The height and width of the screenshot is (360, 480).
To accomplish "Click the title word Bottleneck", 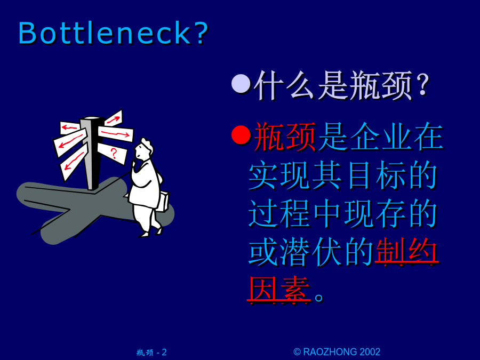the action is click(105, 33).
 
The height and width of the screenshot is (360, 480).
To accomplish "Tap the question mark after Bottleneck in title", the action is click(201, 33).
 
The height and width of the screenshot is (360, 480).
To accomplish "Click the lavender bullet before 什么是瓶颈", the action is click(241, 84).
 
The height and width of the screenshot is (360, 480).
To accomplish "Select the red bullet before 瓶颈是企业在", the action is click(241, 134).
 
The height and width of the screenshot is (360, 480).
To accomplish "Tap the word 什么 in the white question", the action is click(285, 85).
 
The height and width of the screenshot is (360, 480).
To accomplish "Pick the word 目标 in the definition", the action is click(376, 175).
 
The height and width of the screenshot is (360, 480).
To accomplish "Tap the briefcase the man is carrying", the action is click(163, 201).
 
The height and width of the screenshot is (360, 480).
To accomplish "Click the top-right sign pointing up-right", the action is click(114, 118).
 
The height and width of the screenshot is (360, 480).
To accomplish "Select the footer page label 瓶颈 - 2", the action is click(151, 353).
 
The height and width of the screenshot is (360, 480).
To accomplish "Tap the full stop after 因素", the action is click(319, 297).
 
